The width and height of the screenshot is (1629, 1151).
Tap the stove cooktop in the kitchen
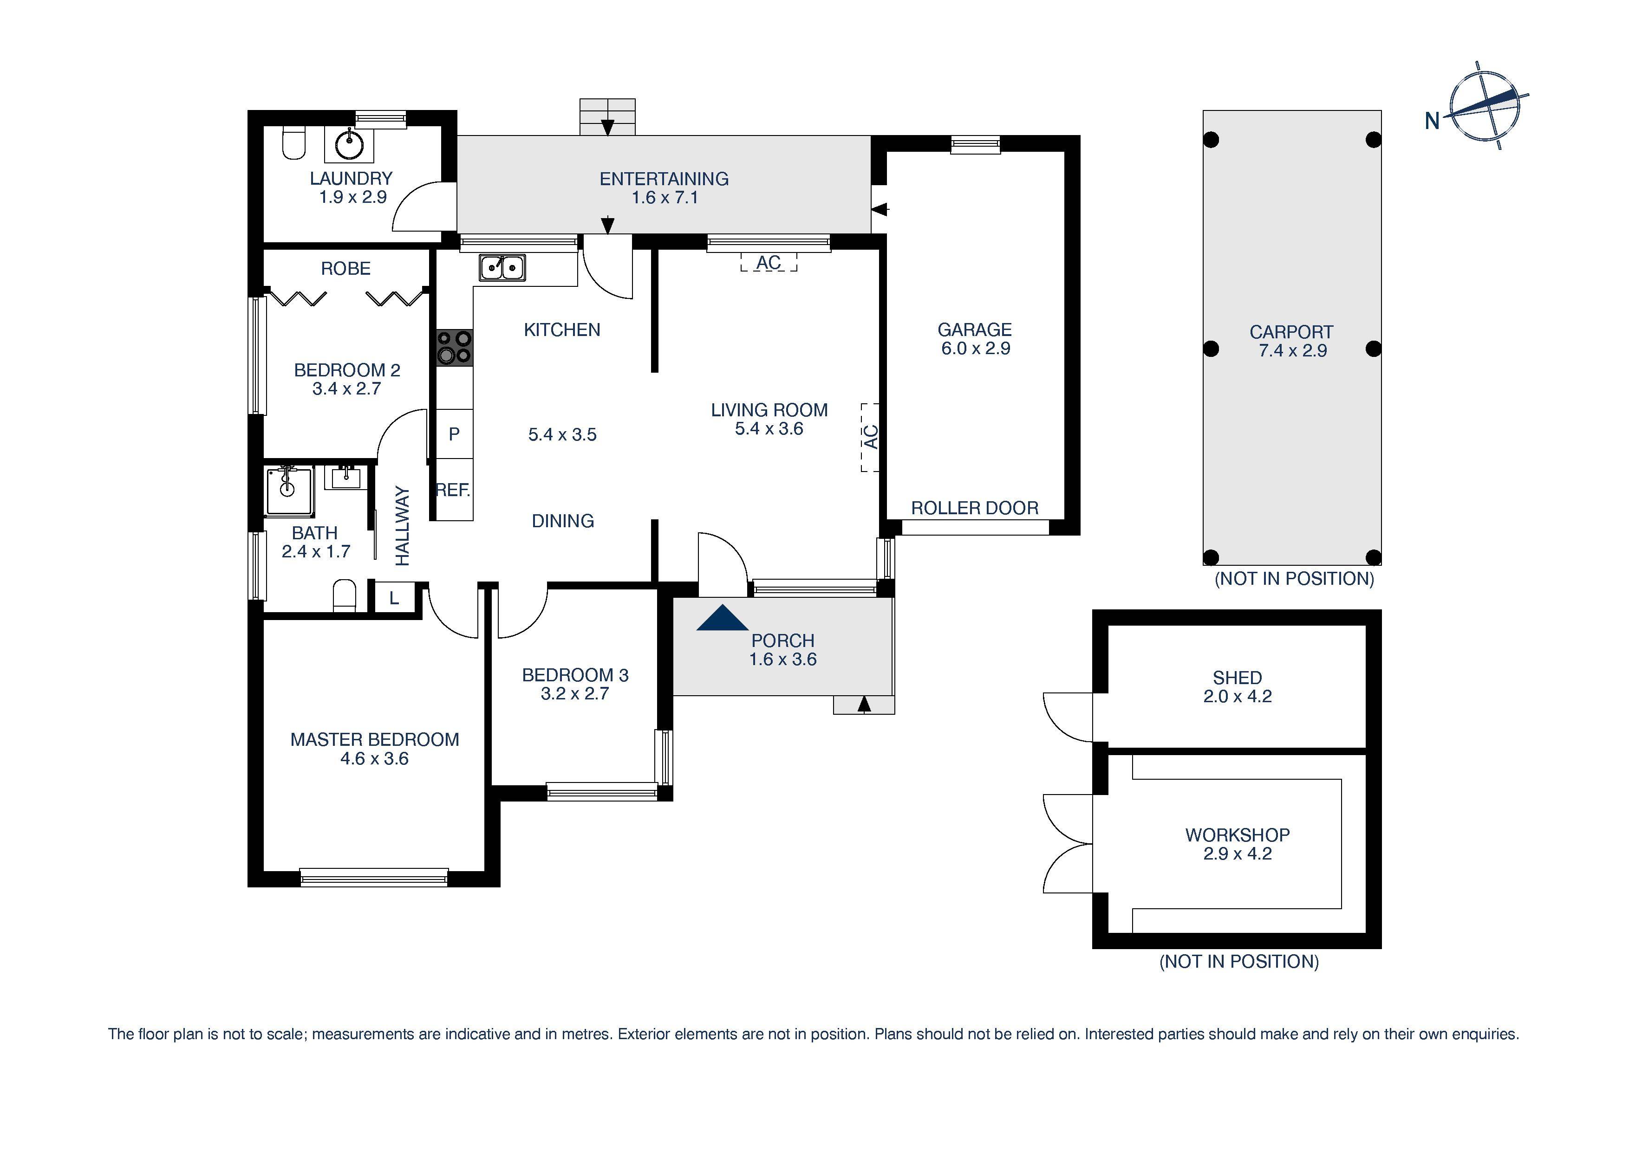pyautogui.click(x=454, y=348)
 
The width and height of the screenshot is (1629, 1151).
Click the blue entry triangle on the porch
pyautogui.click(x=722, y=618)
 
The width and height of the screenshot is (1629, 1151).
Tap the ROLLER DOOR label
pyautogui.click(x=974, y=508)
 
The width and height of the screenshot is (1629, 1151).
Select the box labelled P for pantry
pyautogui.click(x=454, y=433)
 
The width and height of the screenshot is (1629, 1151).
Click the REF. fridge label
pyautogui.click(x=453, y=489)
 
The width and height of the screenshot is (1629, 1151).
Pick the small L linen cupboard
pyautogui.click(x=394, y=598)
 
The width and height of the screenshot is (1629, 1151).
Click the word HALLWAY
pyautogui.click(x=402, y=525)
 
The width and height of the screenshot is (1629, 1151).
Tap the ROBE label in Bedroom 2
pyautogui.click(x=345, y=268)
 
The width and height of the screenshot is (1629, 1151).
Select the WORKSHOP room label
pyautogui.click(x=1237, y=834)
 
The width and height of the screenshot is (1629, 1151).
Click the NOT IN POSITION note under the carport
pyautogui.click(x=1294, y=579)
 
